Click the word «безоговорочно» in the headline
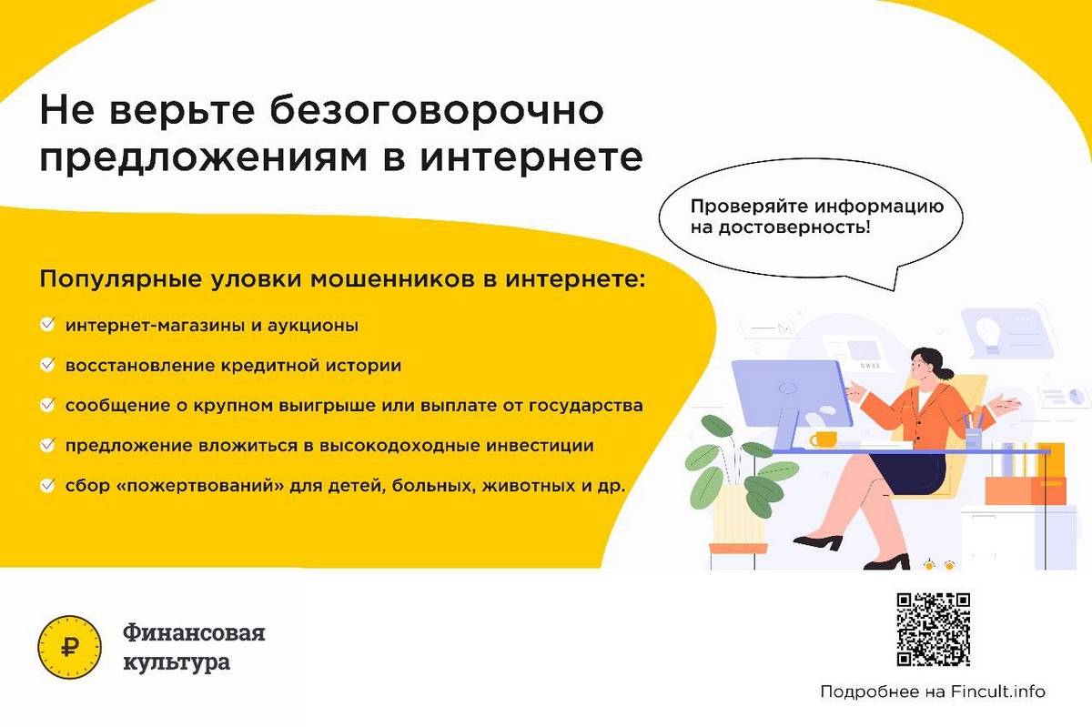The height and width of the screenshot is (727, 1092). [437, 110]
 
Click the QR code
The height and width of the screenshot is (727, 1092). [934, 630]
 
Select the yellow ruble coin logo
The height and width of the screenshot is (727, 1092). [70, 647]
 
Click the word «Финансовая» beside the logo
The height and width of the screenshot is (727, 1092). [194, 632]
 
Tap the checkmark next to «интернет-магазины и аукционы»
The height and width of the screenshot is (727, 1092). [47, 325]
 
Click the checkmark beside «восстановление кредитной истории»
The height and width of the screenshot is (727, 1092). [47, 365]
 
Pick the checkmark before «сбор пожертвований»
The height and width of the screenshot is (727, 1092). [47, 485]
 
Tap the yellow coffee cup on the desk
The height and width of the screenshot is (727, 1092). [823, 439]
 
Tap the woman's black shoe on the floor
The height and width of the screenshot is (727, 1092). [818, 542]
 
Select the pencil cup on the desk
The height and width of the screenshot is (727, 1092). [973, 438]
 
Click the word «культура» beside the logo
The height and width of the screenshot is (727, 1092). [177, 663]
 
